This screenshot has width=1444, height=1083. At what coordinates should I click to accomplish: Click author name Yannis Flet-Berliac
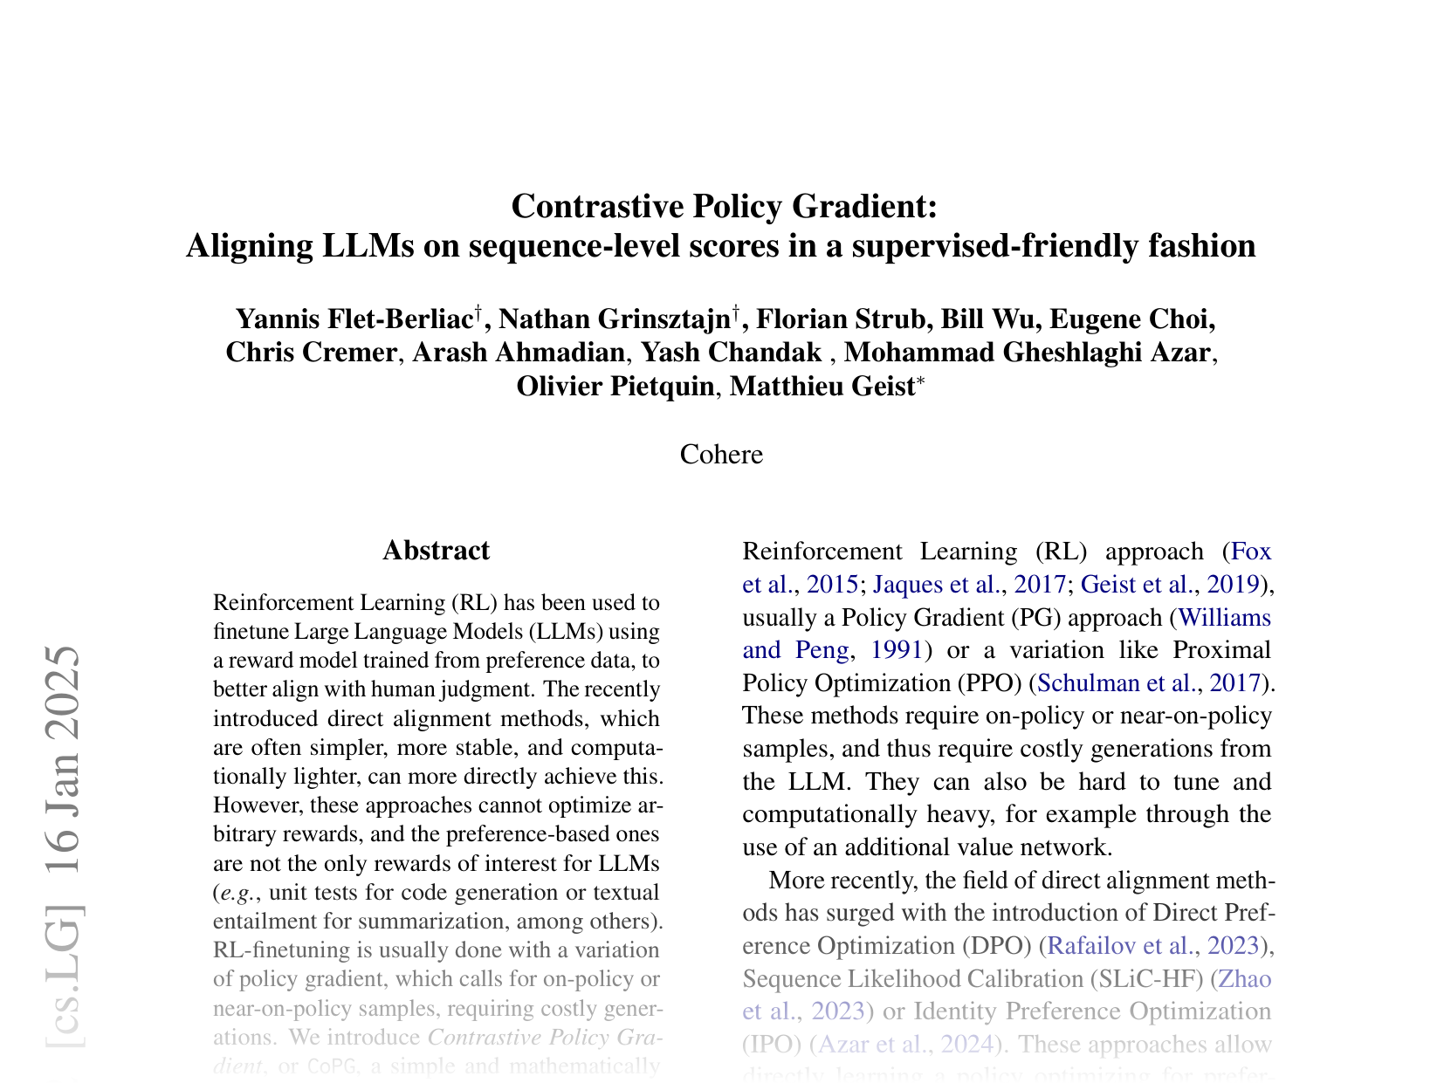pos(354,319)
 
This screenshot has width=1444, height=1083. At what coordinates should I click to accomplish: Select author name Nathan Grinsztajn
pos(614,319)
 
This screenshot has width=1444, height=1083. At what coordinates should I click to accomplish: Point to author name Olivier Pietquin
pos(615,386)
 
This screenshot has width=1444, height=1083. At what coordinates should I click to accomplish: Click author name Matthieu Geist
pos(821,386)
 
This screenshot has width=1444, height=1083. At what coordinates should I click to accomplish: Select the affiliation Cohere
pos(721,455)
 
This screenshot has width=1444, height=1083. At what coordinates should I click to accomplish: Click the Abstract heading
pos(436,551)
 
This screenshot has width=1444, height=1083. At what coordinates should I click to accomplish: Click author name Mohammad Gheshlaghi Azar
pos(1028,353)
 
